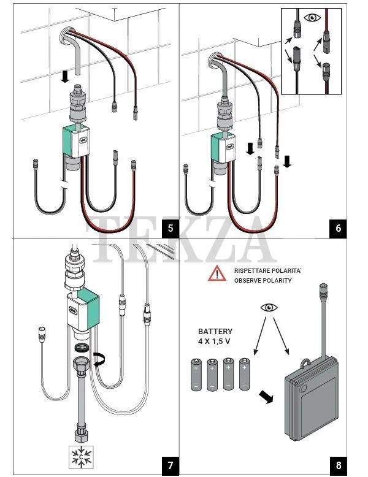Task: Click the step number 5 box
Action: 170,229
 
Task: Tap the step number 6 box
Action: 338,229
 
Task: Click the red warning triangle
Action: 217,273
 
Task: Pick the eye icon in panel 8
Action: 269,307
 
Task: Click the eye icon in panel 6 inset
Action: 314,17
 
